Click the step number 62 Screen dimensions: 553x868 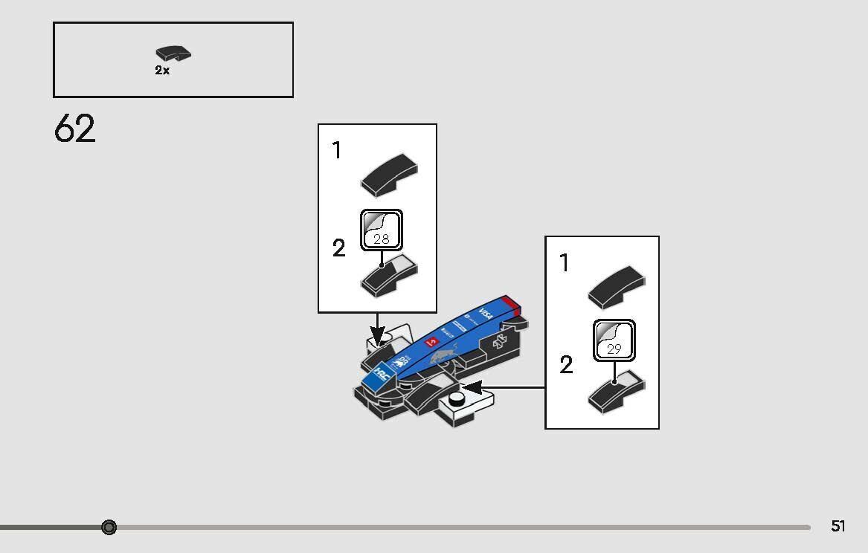click(x=74, y=129)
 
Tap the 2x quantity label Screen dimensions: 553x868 click(x=162, y=71)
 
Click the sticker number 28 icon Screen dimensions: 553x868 click(x=382, y=230)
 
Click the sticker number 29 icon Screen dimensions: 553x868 click(x=614, y=340)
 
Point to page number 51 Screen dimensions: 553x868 click(x=838, y=526)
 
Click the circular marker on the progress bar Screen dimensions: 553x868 click(x=109, y=527)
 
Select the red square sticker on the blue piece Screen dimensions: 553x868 click(x=430, y=343)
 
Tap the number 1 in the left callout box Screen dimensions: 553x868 click(x=337, y=151)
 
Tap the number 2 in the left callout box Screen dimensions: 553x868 click(x=339, y=248)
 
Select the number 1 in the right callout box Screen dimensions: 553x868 click(x=565, y=262)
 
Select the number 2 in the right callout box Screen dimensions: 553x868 click(x=566, y=365)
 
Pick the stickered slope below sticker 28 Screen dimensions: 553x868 click(x=388, y=276)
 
